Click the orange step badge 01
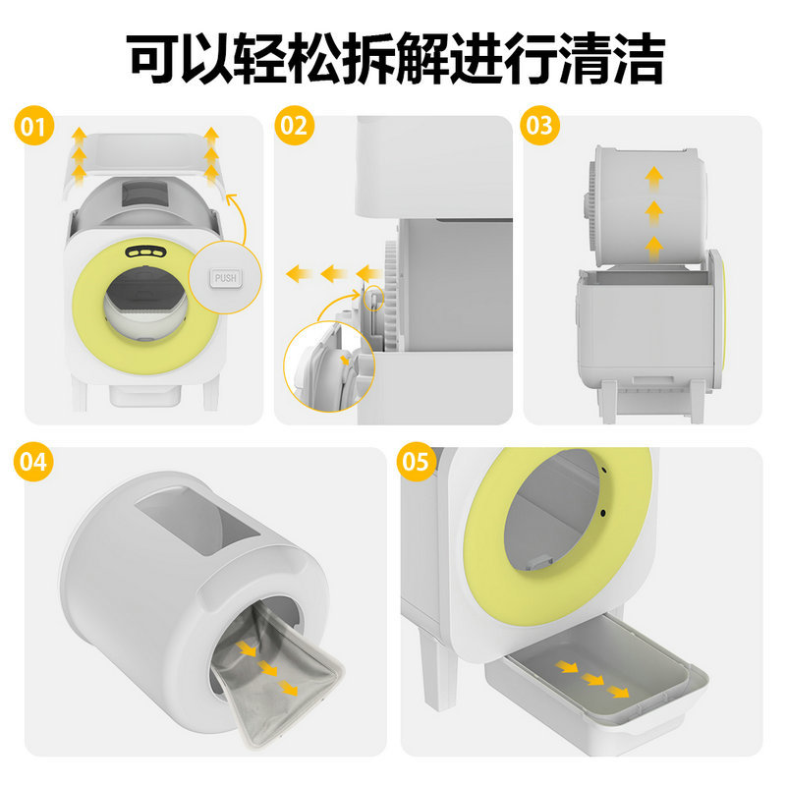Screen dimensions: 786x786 33,126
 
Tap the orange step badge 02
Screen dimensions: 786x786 294,126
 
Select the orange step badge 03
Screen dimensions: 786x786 539,126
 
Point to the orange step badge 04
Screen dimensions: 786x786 33,462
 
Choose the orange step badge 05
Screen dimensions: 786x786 416,462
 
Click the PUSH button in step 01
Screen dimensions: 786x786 226,278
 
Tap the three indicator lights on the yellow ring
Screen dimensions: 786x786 145,253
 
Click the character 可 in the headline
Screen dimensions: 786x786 152,58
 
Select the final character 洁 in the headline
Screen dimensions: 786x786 639,58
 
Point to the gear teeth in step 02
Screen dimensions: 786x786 391,294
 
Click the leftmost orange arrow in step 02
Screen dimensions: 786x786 299,274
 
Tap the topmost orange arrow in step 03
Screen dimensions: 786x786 653,177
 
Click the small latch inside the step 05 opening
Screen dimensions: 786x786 538,562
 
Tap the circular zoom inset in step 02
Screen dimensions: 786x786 329,365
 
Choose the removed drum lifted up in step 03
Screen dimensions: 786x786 646,205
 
